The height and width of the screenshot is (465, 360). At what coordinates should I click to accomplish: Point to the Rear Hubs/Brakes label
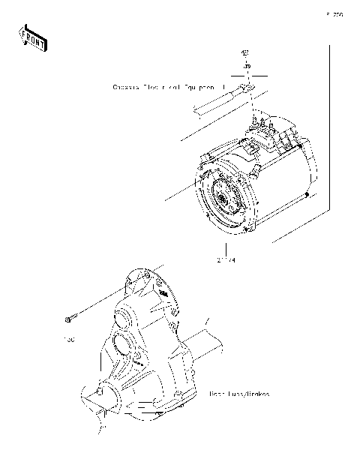239,393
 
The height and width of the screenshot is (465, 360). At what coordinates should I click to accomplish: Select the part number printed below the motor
226,260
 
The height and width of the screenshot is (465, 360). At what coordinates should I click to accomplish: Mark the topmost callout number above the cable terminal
244,53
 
